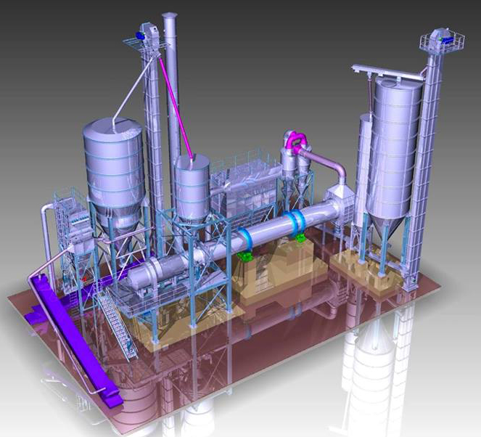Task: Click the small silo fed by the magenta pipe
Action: (x=192, y=185)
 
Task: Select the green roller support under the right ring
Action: (x=300, y=237)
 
